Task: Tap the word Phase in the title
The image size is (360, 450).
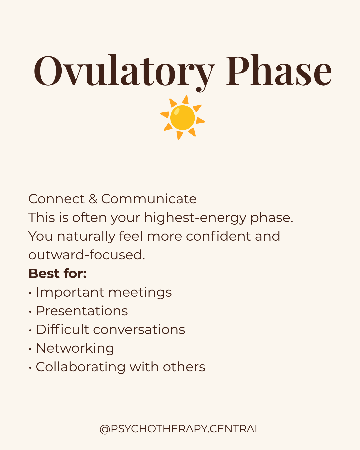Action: coord(279,70)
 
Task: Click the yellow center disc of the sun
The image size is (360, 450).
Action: coord(182,118)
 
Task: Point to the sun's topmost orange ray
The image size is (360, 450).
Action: coord(186,100)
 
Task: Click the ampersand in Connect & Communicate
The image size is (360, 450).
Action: coord(93,199)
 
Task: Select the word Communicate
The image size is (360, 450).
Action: coord(149,199)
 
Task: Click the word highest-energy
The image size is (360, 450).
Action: coord(195,218)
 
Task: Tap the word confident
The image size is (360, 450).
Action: coord(218,236)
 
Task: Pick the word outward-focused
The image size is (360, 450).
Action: coord(87,255)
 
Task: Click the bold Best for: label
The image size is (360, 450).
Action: coord(58,273)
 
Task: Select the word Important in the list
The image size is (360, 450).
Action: coord(70,293)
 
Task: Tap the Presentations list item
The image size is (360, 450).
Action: coord(82,311)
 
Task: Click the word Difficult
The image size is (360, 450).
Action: coord(63,329)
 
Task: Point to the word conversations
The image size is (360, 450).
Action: coord(139,330)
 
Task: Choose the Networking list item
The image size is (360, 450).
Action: coord(75,348)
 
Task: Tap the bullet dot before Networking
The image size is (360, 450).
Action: coord(30,349)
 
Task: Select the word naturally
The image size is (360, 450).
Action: coord(86,237)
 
